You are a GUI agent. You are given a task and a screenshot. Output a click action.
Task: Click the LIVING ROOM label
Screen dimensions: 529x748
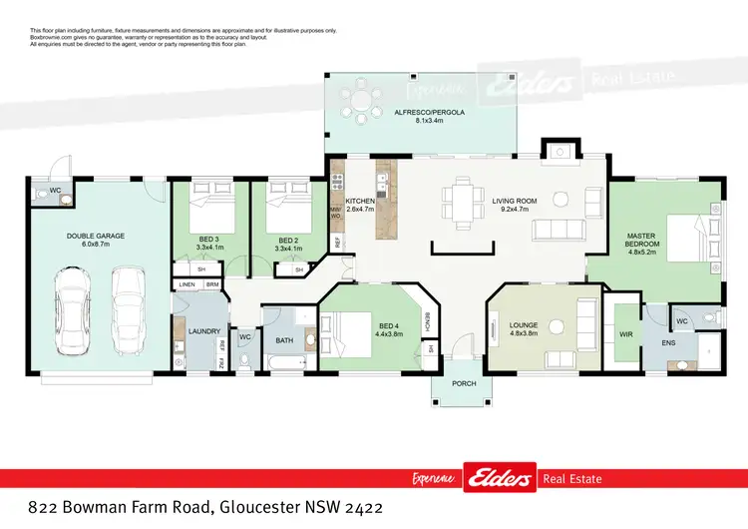515,201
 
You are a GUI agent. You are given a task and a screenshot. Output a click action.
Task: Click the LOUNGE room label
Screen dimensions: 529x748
524,325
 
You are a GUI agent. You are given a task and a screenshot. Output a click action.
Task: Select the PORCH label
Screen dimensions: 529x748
464,384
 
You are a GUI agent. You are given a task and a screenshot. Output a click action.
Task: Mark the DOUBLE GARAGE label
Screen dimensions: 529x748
96,237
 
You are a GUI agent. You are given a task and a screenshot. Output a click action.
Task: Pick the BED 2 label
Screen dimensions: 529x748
289,241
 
